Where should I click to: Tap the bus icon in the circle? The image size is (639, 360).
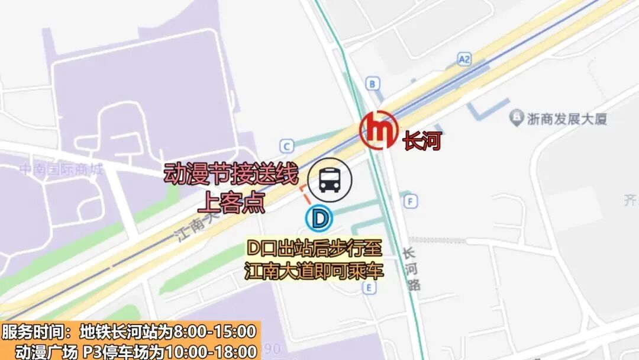pyautogui.click(x=330, y=180)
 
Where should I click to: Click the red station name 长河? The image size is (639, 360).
pyautogui.click(x=422, y=142)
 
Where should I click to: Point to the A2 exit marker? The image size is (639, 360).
pyautogui.click(x=464, y=59)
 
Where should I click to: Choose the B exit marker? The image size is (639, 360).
pyautogui.click(x=372, y=84)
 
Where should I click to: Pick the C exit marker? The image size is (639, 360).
pyautogui.click(x=288, y=146)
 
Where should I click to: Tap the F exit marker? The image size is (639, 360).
pyautogui.click(x=411, y=201)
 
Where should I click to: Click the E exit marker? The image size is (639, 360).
pyautogui.click(x=370, y=288)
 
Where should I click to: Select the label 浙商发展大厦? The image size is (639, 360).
pyautogui.click(x=567, y=119)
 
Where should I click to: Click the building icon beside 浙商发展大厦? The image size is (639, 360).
pyautogui.click(x=517, y=117)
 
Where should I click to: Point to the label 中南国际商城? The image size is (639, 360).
pyautogui.click(x=61, y=171)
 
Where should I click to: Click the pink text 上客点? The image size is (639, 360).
pyautogui.click(x=231, y=202)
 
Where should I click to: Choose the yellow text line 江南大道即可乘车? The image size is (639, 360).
pyautogui.click(x=314, y=271)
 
